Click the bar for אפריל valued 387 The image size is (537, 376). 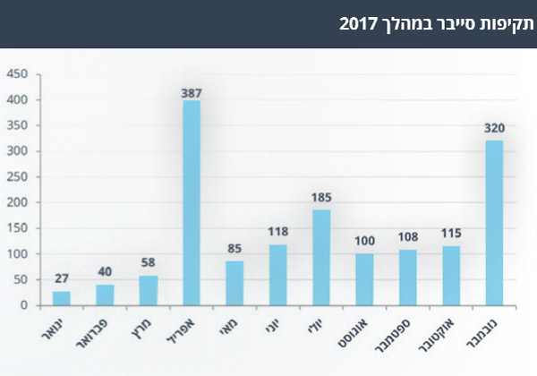[x=191, y=202]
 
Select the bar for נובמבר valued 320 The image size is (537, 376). [x=493, y=223]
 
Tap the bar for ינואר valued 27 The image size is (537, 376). [x=61, y=298]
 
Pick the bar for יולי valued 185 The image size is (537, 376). [x=320, y=258]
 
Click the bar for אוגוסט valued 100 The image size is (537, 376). [x=363, y=279]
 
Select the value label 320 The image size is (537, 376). [x=493, y=129]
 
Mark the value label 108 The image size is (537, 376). [x=407, y=239]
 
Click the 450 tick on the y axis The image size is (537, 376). [x=18, y=74]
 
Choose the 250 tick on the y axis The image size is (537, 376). [x=18, y=177]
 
